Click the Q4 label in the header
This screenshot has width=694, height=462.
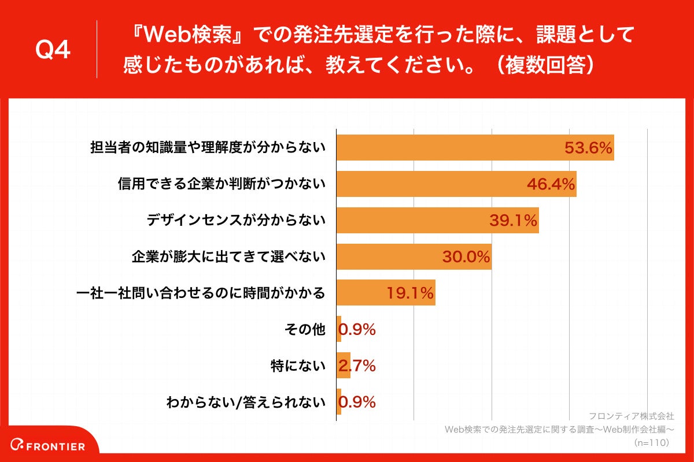pos(53,50)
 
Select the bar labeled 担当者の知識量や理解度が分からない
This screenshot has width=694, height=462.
pos(474,148)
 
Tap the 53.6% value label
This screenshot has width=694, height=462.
pos(588,148)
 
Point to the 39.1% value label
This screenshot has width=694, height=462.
pos(513,221)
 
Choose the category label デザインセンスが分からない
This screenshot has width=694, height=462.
pos(236,221)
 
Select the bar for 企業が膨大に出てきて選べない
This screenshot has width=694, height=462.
pos(414,257)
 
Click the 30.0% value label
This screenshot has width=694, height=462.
pos(466,257)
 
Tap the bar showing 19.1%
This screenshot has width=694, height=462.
pos(385,293)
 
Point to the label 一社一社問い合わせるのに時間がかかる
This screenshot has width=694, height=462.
pos(201,293)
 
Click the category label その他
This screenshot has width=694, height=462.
pos(305,330)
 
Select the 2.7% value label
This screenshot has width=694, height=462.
pos(357,366)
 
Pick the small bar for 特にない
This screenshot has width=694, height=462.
pos(343,366)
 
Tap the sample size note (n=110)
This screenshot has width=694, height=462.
pos(651,442)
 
